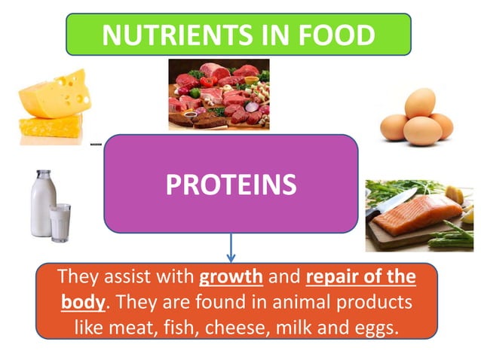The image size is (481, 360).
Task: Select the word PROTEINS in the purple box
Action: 230,184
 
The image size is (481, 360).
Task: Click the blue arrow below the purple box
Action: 231,246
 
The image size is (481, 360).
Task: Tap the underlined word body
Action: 82,302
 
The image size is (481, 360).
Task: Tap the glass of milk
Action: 60,222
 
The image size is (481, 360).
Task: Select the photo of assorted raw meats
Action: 218,95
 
